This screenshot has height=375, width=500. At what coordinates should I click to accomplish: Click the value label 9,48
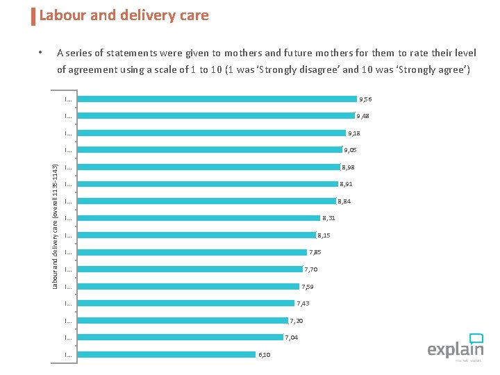click(364, 116)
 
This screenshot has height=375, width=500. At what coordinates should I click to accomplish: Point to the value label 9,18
click(354, 133)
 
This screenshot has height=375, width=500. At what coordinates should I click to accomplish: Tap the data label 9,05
click(351, 150)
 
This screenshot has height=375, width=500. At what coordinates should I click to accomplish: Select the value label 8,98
click(348, 167)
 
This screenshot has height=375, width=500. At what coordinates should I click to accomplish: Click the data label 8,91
click(346, 184)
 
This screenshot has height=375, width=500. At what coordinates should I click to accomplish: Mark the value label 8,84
click(344, 201)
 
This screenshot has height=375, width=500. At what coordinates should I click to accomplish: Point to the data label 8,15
click(324, 235)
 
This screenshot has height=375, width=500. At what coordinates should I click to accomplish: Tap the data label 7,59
click(308, 287)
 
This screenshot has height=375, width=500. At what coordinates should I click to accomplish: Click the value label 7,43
click(303, 303)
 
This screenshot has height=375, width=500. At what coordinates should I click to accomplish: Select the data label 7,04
click(292, 337)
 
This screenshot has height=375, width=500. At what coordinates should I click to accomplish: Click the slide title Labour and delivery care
click(124, 15)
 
